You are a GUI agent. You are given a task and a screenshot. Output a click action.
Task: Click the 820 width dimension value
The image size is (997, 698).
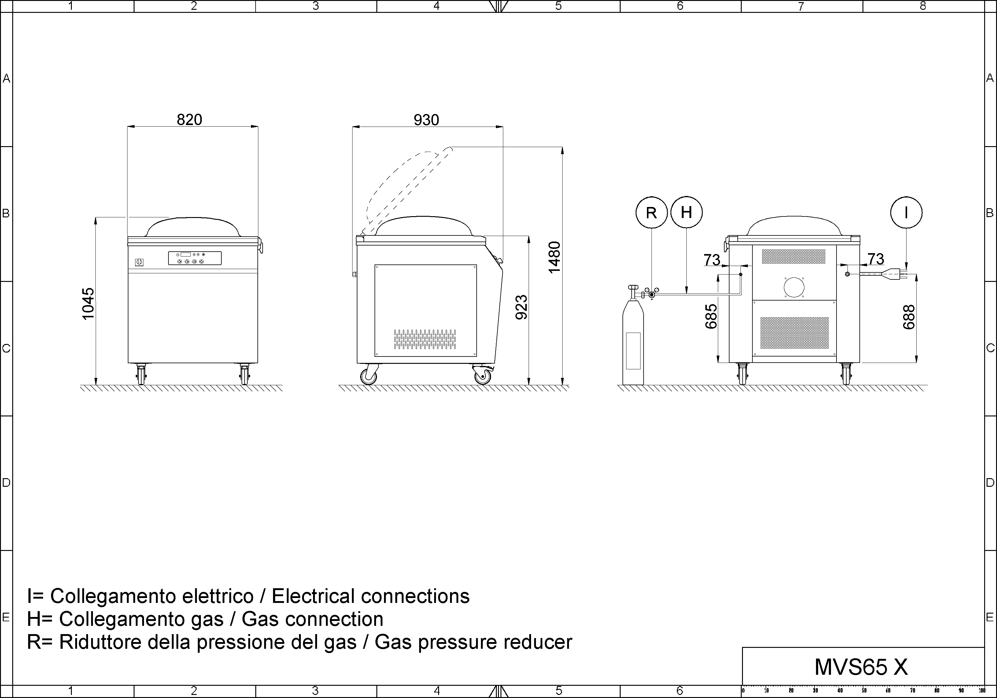click(x=189, y=120)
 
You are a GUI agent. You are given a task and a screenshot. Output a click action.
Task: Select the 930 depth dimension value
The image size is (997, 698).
click(x=426, y=120)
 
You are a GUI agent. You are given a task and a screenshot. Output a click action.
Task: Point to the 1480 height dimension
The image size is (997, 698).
click(x=555, y=257)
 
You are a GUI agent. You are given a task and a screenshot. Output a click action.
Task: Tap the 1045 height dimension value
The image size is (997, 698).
click(x=88, y=304)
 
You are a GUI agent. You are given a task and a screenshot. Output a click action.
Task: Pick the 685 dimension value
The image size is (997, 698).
click(x=711, y=316)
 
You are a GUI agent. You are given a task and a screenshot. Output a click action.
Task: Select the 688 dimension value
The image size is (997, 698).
click(x=908, y=317)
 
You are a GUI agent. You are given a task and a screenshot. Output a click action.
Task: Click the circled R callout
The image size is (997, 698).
click(x=651, y=212)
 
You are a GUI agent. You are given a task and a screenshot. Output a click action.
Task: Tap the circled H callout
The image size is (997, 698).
click(x=686, y=212)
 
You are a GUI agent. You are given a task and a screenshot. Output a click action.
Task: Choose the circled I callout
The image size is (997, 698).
click(x=906, y=212)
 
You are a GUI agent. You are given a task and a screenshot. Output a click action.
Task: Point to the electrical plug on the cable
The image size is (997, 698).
click(x=895, y=274)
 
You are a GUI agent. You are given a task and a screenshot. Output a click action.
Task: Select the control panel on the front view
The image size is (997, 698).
click(x=195, y=258)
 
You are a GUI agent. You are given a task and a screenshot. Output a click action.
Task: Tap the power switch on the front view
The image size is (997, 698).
click(x=139, y=262)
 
